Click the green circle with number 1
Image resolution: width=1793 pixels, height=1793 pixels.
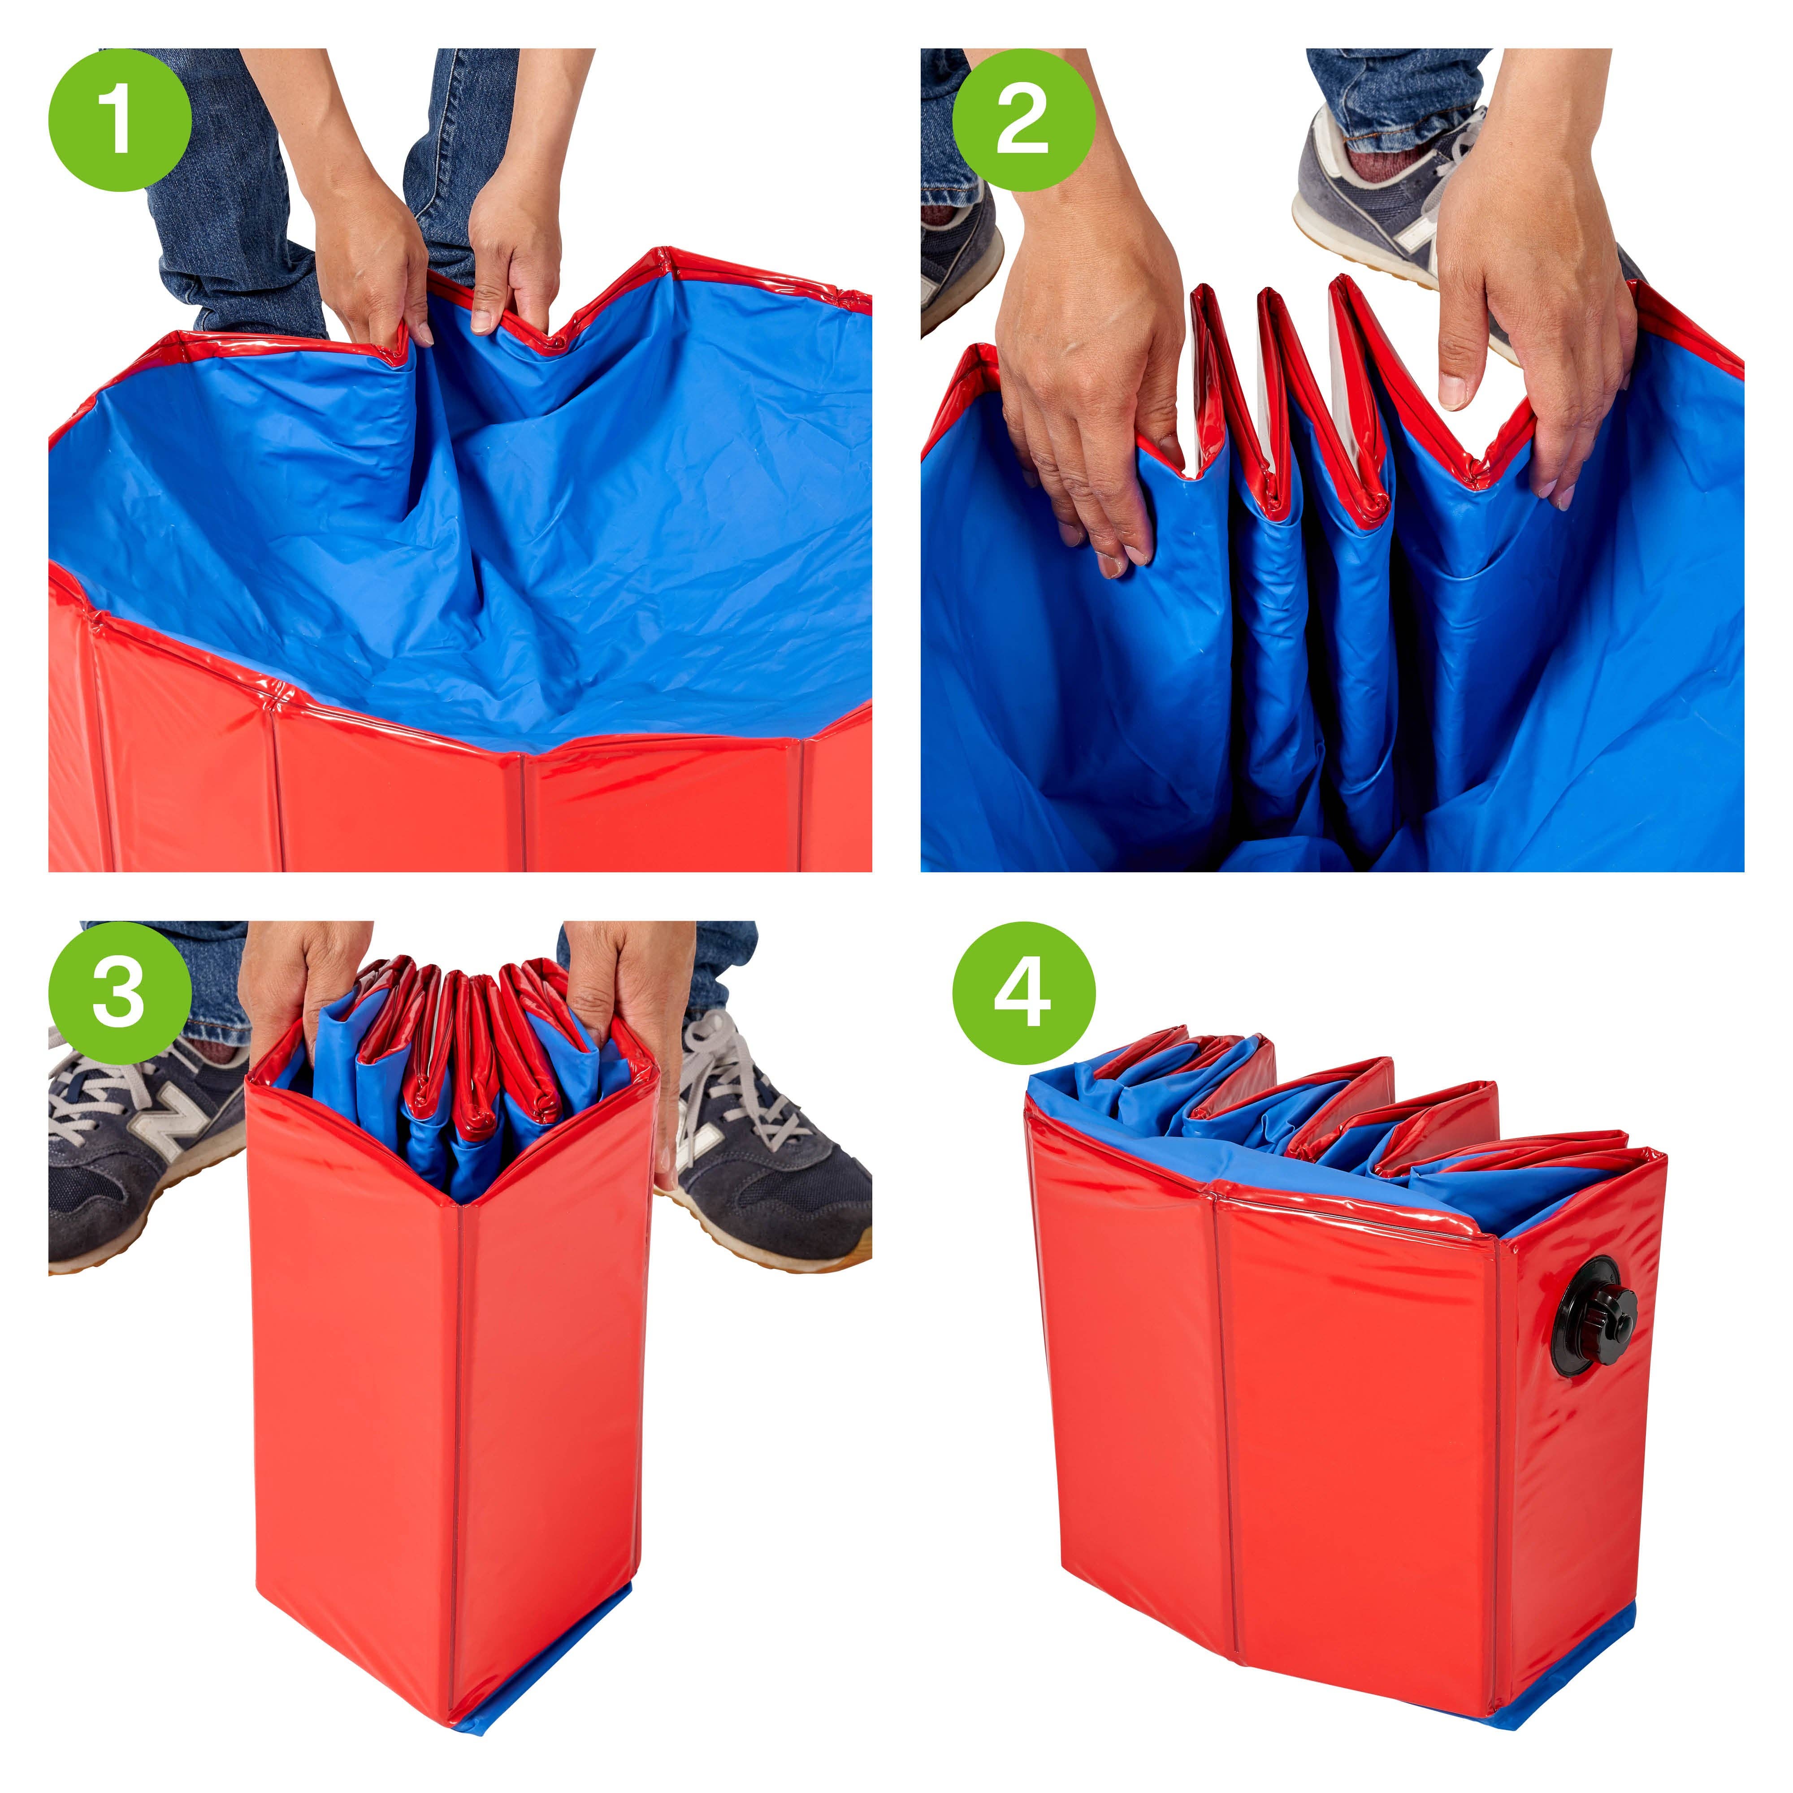coord(120,120)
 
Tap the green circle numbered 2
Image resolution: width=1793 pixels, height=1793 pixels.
coord(1024,120)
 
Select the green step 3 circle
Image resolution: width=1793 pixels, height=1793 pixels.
coord(120,993)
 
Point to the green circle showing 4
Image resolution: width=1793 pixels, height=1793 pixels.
coord(1024,993)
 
